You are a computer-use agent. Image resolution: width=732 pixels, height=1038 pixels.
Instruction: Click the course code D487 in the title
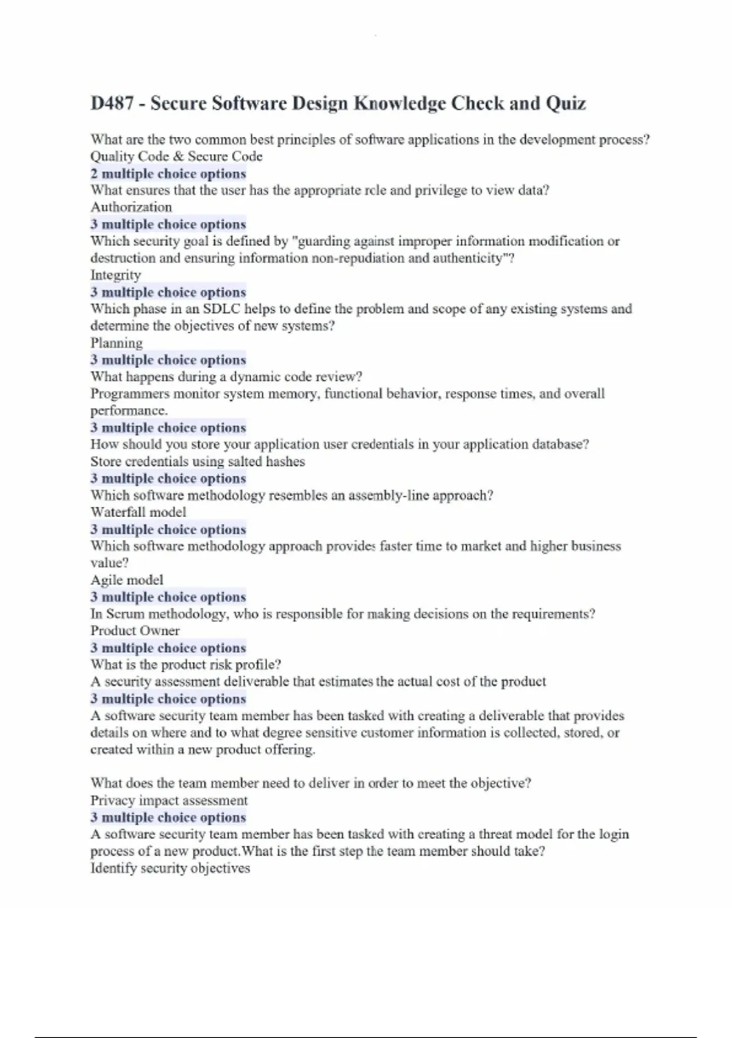point(112,103)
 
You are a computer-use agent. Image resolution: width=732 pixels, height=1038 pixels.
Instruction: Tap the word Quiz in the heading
point(565,103)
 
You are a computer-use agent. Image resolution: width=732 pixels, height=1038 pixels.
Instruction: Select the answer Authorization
point(131,207)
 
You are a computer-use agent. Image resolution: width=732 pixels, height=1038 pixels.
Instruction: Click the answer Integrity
point(116,275)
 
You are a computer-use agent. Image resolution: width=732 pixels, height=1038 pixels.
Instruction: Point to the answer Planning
point(117,343)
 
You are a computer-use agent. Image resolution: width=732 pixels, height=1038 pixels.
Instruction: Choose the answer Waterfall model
point(138,512)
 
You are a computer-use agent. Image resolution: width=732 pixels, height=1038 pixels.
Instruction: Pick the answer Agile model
point(127,580)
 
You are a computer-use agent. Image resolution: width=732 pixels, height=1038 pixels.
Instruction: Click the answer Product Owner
point(135,631)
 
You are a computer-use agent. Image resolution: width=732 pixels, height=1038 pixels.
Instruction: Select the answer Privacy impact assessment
point(169,800)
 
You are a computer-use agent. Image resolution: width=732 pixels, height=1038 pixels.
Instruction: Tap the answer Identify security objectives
point(170,868)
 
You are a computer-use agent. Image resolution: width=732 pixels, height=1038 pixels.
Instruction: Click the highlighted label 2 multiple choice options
point(168,173)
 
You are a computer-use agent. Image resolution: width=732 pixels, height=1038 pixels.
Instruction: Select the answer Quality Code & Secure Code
point(176,156)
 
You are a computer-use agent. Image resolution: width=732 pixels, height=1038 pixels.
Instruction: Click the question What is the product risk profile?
point(186,665)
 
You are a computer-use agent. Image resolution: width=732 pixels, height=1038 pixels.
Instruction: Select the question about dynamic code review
point(226,377)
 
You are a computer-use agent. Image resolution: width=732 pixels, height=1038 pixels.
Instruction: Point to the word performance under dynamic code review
point(129,411)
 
